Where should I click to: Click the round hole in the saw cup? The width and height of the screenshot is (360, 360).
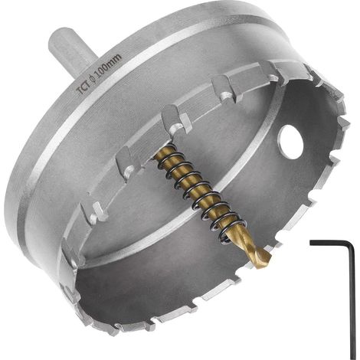tap(292, 142)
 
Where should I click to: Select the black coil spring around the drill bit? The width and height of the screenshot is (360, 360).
tap(199, 194)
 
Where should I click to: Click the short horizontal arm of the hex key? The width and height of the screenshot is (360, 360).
tap(332, 244)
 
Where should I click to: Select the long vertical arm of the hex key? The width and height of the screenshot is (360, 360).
tap(352, 301)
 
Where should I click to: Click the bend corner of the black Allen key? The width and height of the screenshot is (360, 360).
tap(352, 244)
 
